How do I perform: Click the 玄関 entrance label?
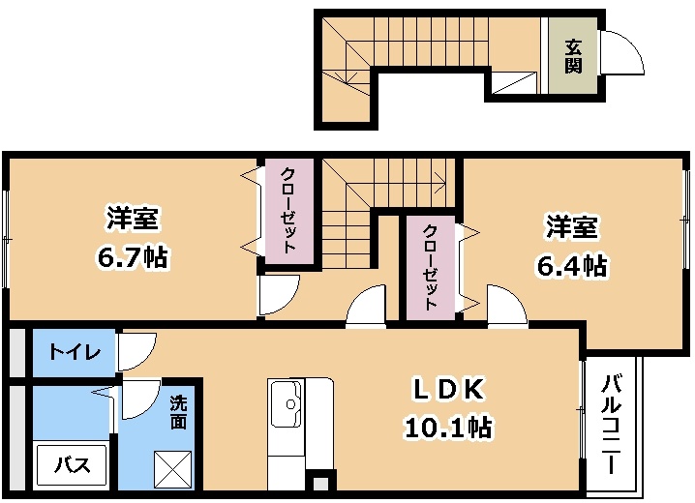point(573,55)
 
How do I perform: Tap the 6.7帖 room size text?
point(133,258)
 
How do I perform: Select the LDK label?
point(448,389)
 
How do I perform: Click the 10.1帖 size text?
point(448,426)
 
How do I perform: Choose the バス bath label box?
point(72,465)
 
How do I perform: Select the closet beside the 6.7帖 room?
point(287,211)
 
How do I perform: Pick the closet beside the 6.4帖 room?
point(430,266)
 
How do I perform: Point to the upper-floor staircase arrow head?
point(441,179)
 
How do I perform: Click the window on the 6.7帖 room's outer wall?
point(5,237)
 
